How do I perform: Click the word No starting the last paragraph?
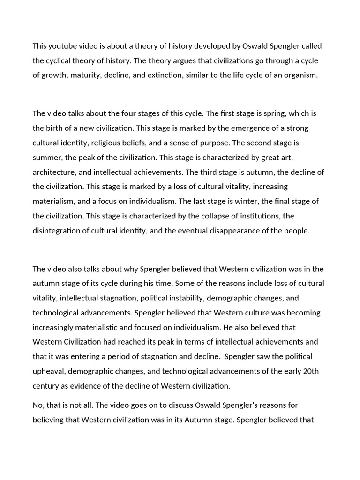tap(38, 405)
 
